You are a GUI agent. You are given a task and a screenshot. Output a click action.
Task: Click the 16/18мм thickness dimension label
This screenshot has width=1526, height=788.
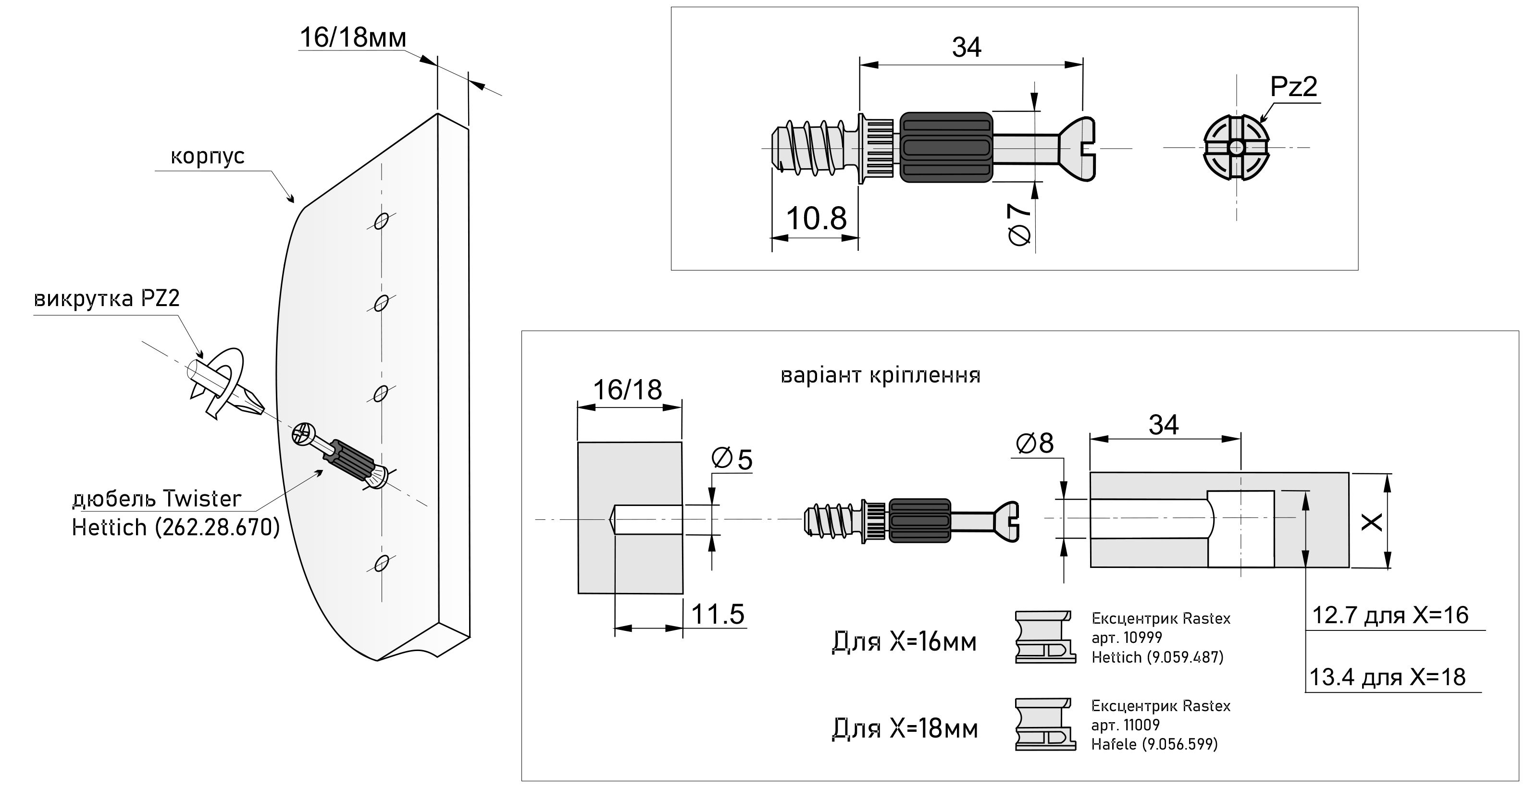point(353,38)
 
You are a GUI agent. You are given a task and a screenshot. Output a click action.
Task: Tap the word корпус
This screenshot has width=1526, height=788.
point(207,156)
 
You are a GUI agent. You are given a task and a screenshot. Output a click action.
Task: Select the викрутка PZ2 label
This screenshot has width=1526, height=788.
point(107,298)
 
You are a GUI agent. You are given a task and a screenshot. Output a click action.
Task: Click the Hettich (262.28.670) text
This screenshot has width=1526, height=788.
point(175,527)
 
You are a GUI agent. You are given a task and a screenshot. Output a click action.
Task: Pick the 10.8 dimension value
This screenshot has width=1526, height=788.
point(816,219)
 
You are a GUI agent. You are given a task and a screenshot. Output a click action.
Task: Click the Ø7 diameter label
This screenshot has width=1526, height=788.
point(1019,224)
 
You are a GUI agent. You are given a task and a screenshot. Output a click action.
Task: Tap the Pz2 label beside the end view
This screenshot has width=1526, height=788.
point(1293,87)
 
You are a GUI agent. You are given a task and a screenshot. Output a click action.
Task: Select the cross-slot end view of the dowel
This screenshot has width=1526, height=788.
point(1236,148)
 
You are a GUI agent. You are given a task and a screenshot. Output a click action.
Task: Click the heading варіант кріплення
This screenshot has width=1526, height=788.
point(881,375)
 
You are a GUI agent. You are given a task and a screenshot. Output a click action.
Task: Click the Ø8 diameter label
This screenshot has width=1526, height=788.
point(1034,443)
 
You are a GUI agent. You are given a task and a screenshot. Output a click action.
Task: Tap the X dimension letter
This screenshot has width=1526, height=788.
point(1372,522)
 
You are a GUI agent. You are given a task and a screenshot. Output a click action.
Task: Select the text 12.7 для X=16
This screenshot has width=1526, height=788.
point(1390,616)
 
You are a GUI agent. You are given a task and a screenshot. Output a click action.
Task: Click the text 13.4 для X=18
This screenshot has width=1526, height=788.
point(1387,677)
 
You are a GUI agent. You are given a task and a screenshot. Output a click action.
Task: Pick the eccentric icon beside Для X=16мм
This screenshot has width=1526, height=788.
point(1045,637)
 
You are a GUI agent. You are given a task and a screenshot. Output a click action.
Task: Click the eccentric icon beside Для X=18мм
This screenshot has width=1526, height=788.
point(1045,724)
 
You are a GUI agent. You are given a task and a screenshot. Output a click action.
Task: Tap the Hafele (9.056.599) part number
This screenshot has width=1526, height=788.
point(1154,744)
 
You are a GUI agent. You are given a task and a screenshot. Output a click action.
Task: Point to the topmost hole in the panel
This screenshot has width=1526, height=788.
point(381,222)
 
